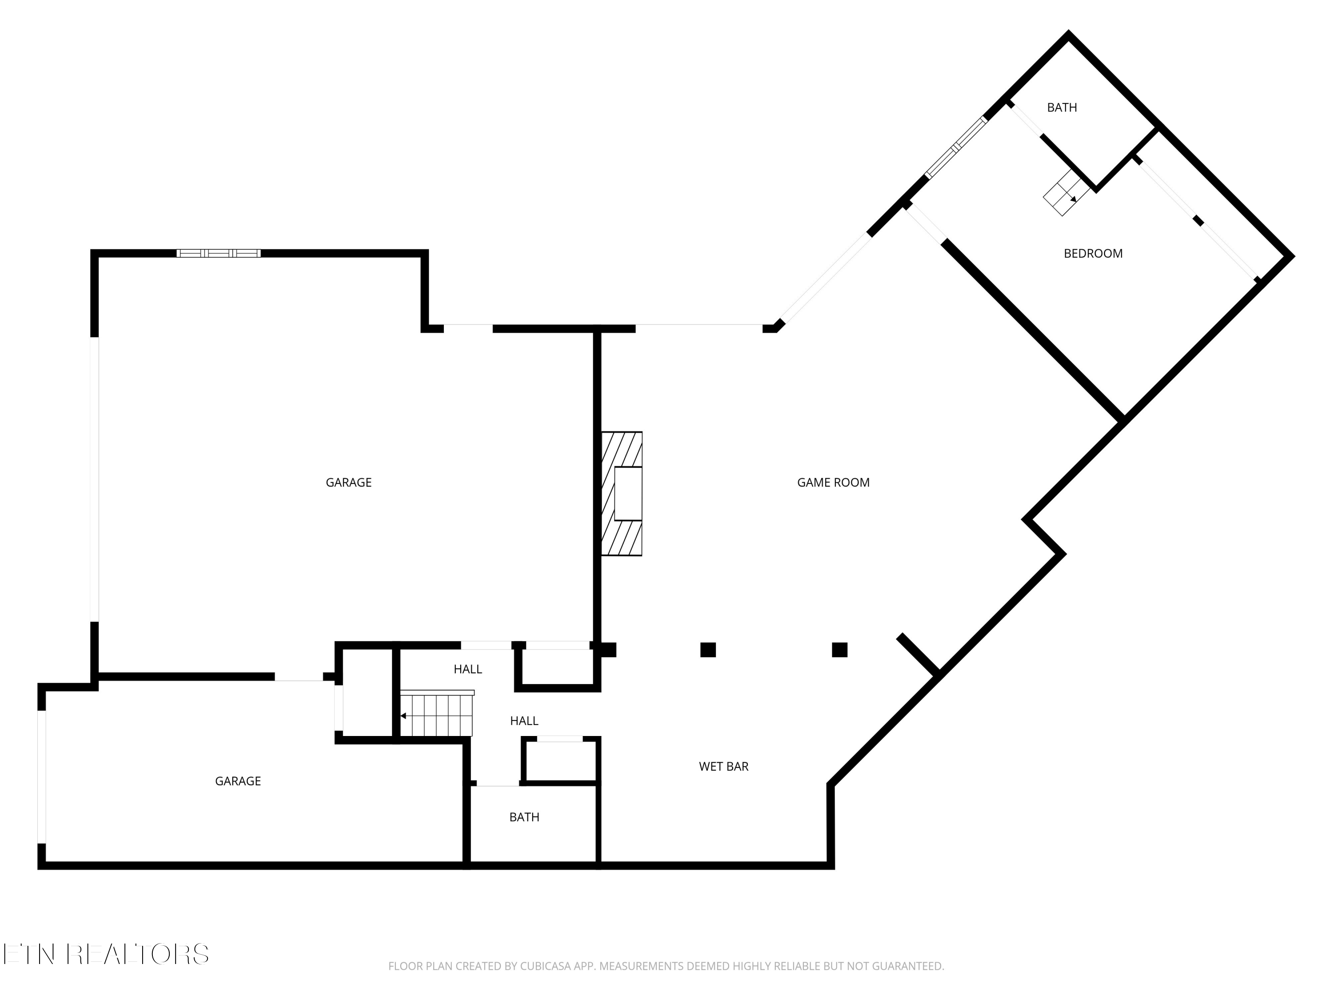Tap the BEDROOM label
pos(1093,254)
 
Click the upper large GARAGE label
pos(348,482)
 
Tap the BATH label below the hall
pos(524,817)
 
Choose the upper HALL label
pos(467,669)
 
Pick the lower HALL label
pos(524,721)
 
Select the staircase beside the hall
pos(436,715)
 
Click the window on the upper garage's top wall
pos(218,253)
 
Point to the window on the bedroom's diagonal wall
pos(956,148)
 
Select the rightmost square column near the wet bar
pos(839,650)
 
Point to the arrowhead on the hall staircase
pos(403,716)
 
